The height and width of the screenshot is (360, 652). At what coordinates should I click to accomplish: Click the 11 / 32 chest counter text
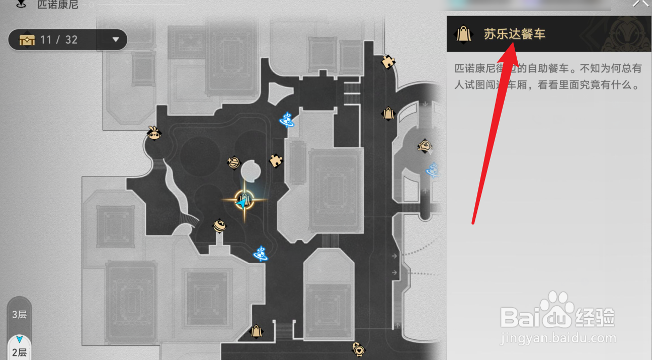(x=59, y=40)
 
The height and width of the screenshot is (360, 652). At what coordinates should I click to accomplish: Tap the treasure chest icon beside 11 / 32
(x=27, y=40)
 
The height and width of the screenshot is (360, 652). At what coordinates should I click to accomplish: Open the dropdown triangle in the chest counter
(x=116, y=40)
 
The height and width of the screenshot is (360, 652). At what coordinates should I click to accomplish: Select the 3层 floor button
(x=19, y=315)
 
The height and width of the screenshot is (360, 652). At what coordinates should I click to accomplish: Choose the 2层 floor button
(x=19, y=352)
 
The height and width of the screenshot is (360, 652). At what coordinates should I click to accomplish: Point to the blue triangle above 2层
(x=20, y=339)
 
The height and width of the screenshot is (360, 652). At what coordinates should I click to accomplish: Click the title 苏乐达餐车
(x=515, y=34)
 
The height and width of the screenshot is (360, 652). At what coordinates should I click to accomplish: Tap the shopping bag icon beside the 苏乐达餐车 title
(x=463, y=34)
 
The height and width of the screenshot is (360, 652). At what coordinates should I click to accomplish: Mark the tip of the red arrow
(x=514, y=44)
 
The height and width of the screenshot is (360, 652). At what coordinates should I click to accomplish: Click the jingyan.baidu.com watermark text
(x=558, y=338)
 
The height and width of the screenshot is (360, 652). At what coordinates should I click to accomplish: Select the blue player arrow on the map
(x=243, y=204)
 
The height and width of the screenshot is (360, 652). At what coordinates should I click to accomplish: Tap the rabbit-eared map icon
(x=153, y=133)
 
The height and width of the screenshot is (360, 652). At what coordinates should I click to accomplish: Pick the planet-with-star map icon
(x=233, y=162)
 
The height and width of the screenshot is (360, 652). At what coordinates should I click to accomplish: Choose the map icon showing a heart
(x=358, y=348)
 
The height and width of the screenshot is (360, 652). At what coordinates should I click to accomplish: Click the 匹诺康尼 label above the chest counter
(x=58, y=5)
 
